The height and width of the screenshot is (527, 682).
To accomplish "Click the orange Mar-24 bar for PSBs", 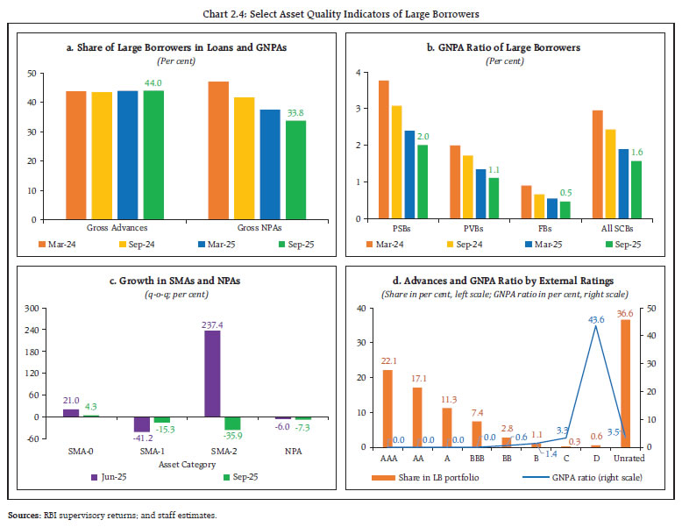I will pyautogui.click(x=382, y=150).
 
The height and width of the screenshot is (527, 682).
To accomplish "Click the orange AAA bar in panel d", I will pyautogui.click(x=387, y=409).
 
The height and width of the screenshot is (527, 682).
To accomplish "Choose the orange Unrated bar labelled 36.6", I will pyautogui.click(x=625, y=383).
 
